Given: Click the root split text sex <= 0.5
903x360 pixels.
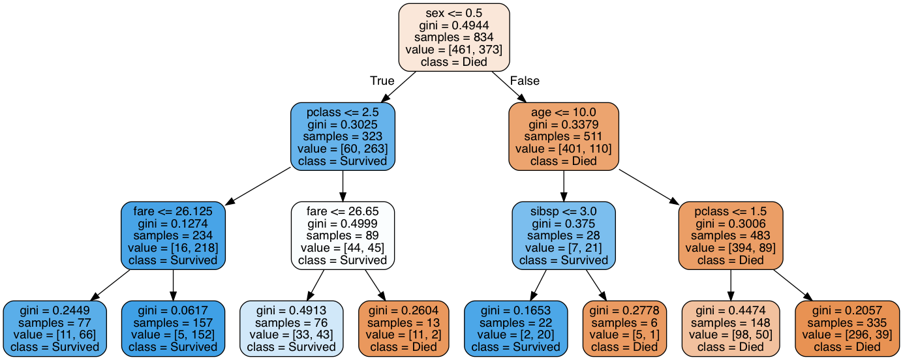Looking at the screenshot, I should click(x=453, y=12).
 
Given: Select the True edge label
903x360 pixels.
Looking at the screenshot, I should click(x=382, y=81).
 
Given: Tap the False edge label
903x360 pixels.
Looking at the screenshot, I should click(x=525, y=81).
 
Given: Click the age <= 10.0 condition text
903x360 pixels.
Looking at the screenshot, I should click(x=563, y=112).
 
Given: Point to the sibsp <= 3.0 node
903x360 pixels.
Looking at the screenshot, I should click(x=563, y=235).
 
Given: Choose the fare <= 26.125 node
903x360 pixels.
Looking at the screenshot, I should click(x=173, y=235).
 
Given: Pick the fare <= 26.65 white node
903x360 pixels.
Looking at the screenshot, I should click(x=343, y=235).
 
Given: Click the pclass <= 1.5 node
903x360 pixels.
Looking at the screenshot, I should click(x=730, y=235).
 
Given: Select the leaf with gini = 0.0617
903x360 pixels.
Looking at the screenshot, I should click(x=173, y=328).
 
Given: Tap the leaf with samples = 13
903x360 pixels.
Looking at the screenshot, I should click(x=403, y=328).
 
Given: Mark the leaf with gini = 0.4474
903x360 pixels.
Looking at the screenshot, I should click(x=730, y=328).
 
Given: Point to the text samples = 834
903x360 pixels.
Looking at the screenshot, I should click(x=453, y=37).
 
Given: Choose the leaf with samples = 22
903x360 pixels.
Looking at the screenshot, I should click(x=515, y=328).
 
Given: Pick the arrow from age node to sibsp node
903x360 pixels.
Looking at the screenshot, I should click(x=563, y=186).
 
